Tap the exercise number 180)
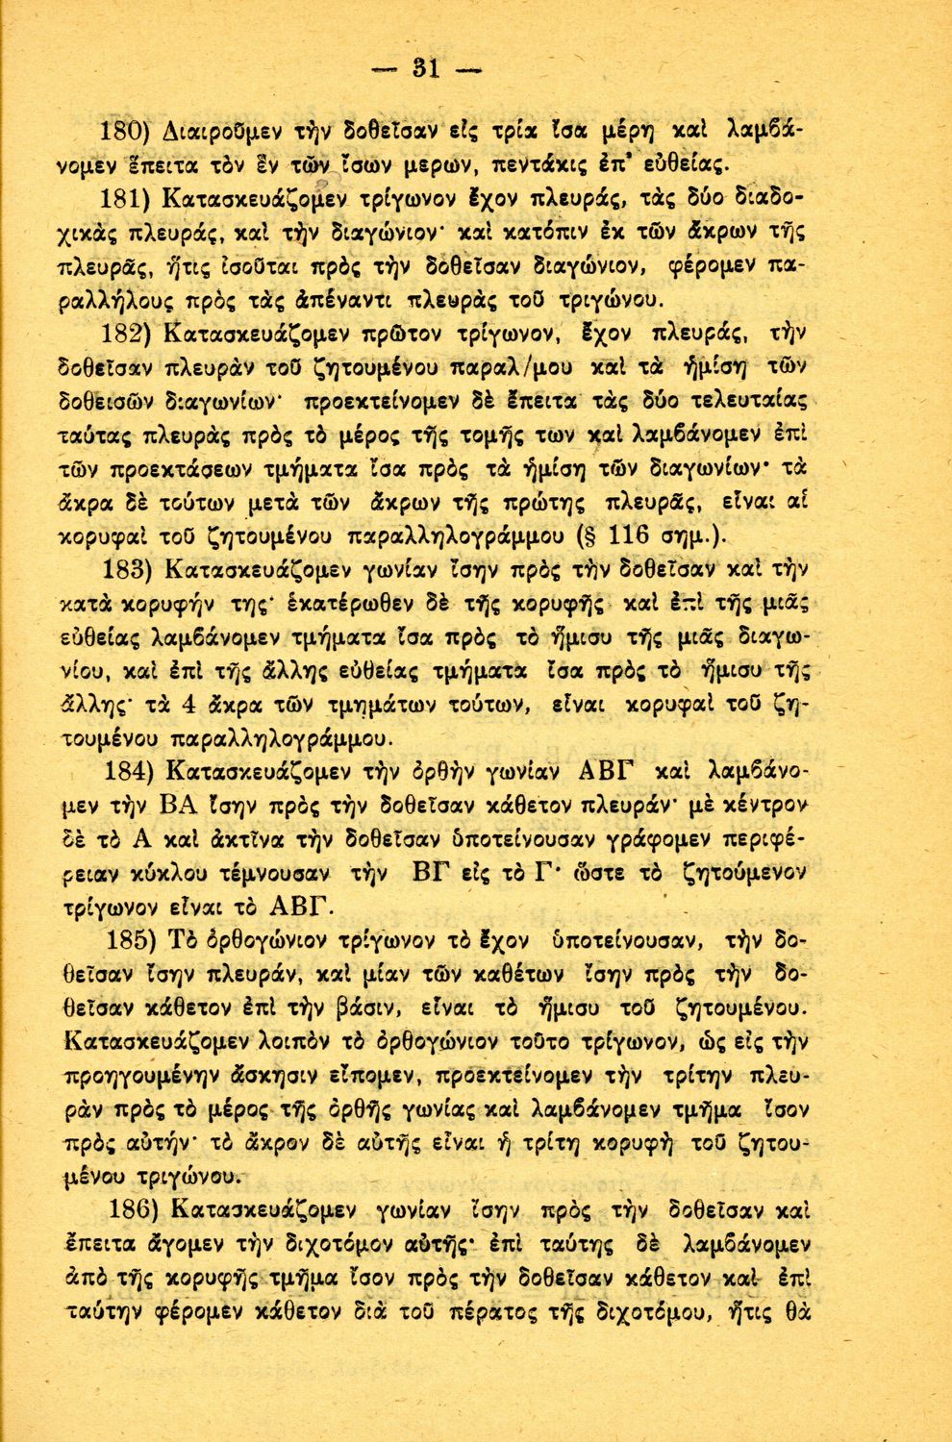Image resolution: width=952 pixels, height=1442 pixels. pos(130,130)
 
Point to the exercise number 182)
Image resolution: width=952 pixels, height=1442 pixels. pos(130,335)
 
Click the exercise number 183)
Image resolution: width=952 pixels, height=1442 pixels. pos(130,569)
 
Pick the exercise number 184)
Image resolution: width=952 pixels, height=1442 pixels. pos(130,771)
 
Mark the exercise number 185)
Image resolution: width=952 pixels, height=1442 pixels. pos(130,938)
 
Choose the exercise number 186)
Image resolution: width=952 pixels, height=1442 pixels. pos(130,1208)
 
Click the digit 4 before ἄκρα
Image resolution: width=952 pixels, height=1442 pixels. pos(188,705)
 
